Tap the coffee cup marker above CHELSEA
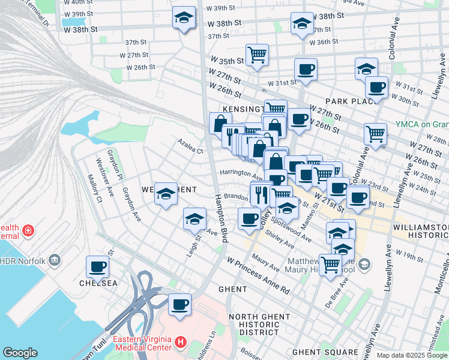tap(98, 267)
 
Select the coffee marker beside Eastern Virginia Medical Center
tap(179, 305)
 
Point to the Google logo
tap(20, 353)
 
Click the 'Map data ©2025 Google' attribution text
tap(412, 355)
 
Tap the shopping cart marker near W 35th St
tap(257, 55)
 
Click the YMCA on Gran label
tap(421, 124)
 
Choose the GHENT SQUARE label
tap(325, 352)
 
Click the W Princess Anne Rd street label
tap(258, 275)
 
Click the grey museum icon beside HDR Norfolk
tap(55, 260)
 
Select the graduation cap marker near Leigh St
tap(194, 220)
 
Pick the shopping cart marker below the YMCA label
tap(376, 134)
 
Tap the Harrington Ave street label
tap(241, 175)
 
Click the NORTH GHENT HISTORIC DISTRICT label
tap(255, 324)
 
